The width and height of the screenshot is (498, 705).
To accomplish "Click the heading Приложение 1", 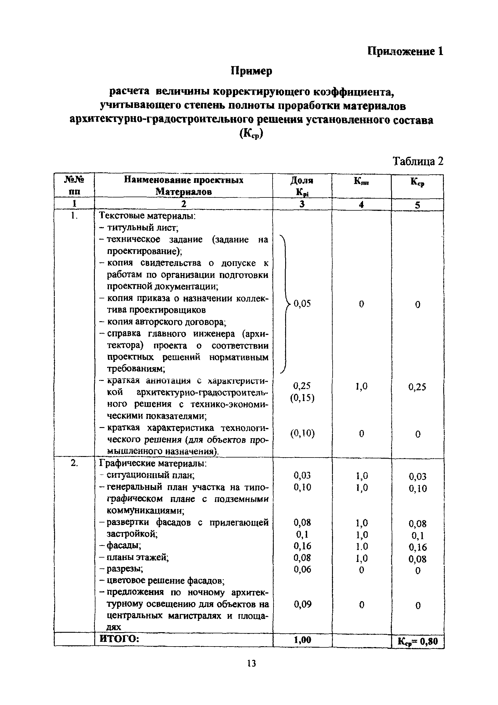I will tap(405, 51).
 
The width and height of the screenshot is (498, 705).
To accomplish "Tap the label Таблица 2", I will tap(418, 161).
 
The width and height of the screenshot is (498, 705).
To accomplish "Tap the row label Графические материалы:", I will tap(153, 463).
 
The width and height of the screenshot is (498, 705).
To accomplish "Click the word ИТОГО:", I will tap(119, 639).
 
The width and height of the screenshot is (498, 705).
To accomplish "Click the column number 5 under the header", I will tap(417, 205).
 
